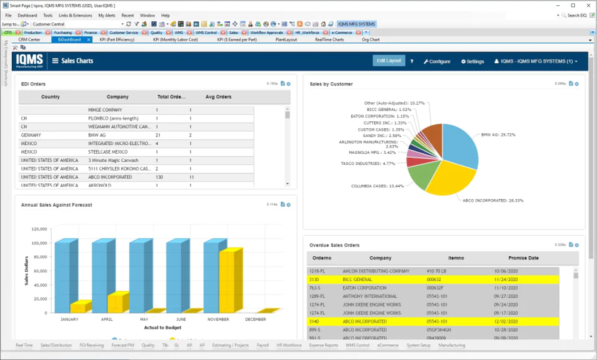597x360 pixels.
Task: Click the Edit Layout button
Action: pyautogui.click(x=388, y=61)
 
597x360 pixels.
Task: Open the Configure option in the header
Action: pyautogui.click(x=437, y=61)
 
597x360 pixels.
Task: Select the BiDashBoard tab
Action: pyautogui.click(x=69, y=40)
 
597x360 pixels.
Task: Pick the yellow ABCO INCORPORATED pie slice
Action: pyautogui.click(x=449, y=178)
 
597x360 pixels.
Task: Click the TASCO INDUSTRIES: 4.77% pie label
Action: pyautogui.click(x=367, y=164)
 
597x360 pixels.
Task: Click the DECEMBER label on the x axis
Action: pyautogui.click(x=255, y=320)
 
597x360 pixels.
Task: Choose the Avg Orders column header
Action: pyautogui.click(x=218, y=97)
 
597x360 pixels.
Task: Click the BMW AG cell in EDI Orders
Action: pyautogui.click(x=97, y=135)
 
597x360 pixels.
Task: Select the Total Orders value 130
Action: pyautogui.click(x=159, y=177)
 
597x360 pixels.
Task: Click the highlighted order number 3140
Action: pyautogui.click(x=314, y=321)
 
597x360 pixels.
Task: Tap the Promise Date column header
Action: pyautogui.click(x=523, y=258)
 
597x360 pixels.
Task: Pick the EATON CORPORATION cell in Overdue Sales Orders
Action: pyautogui.click(x=364, y=288)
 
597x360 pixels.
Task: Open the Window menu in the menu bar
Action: pyautogui.click(x=147, y=15)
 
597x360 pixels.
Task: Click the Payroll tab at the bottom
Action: pyautogui.click(x=263, y=345)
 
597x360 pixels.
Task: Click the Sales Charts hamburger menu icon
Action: pyautogui.click(x=55, y=61)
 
